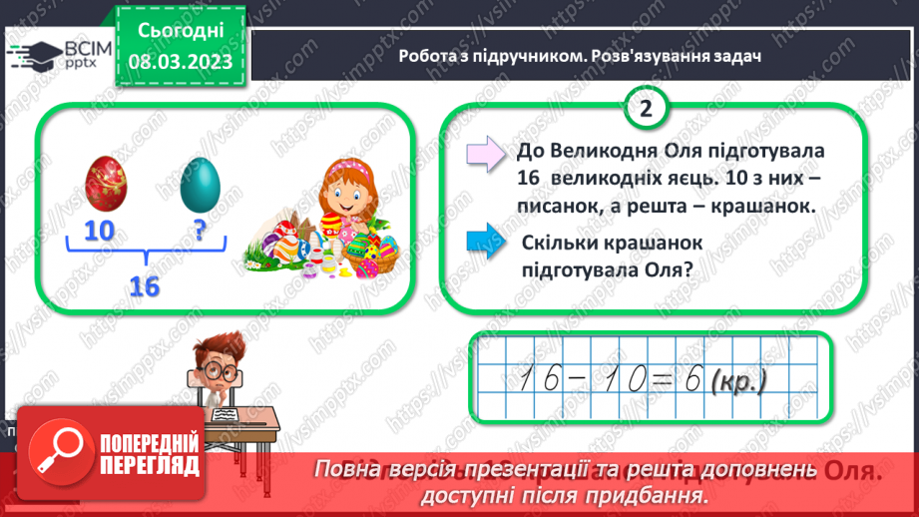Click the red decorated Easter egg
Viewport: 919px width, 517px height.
106,179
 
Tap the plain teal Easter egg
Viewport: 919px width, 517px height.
199,181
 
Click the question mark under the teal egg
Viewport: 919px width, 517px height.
200,232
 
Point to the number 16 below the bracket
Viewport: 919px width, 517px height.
145,286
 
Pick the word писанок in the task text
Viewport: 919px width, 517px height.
561,206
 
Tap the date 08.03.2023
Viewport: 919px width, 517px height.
182,61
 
